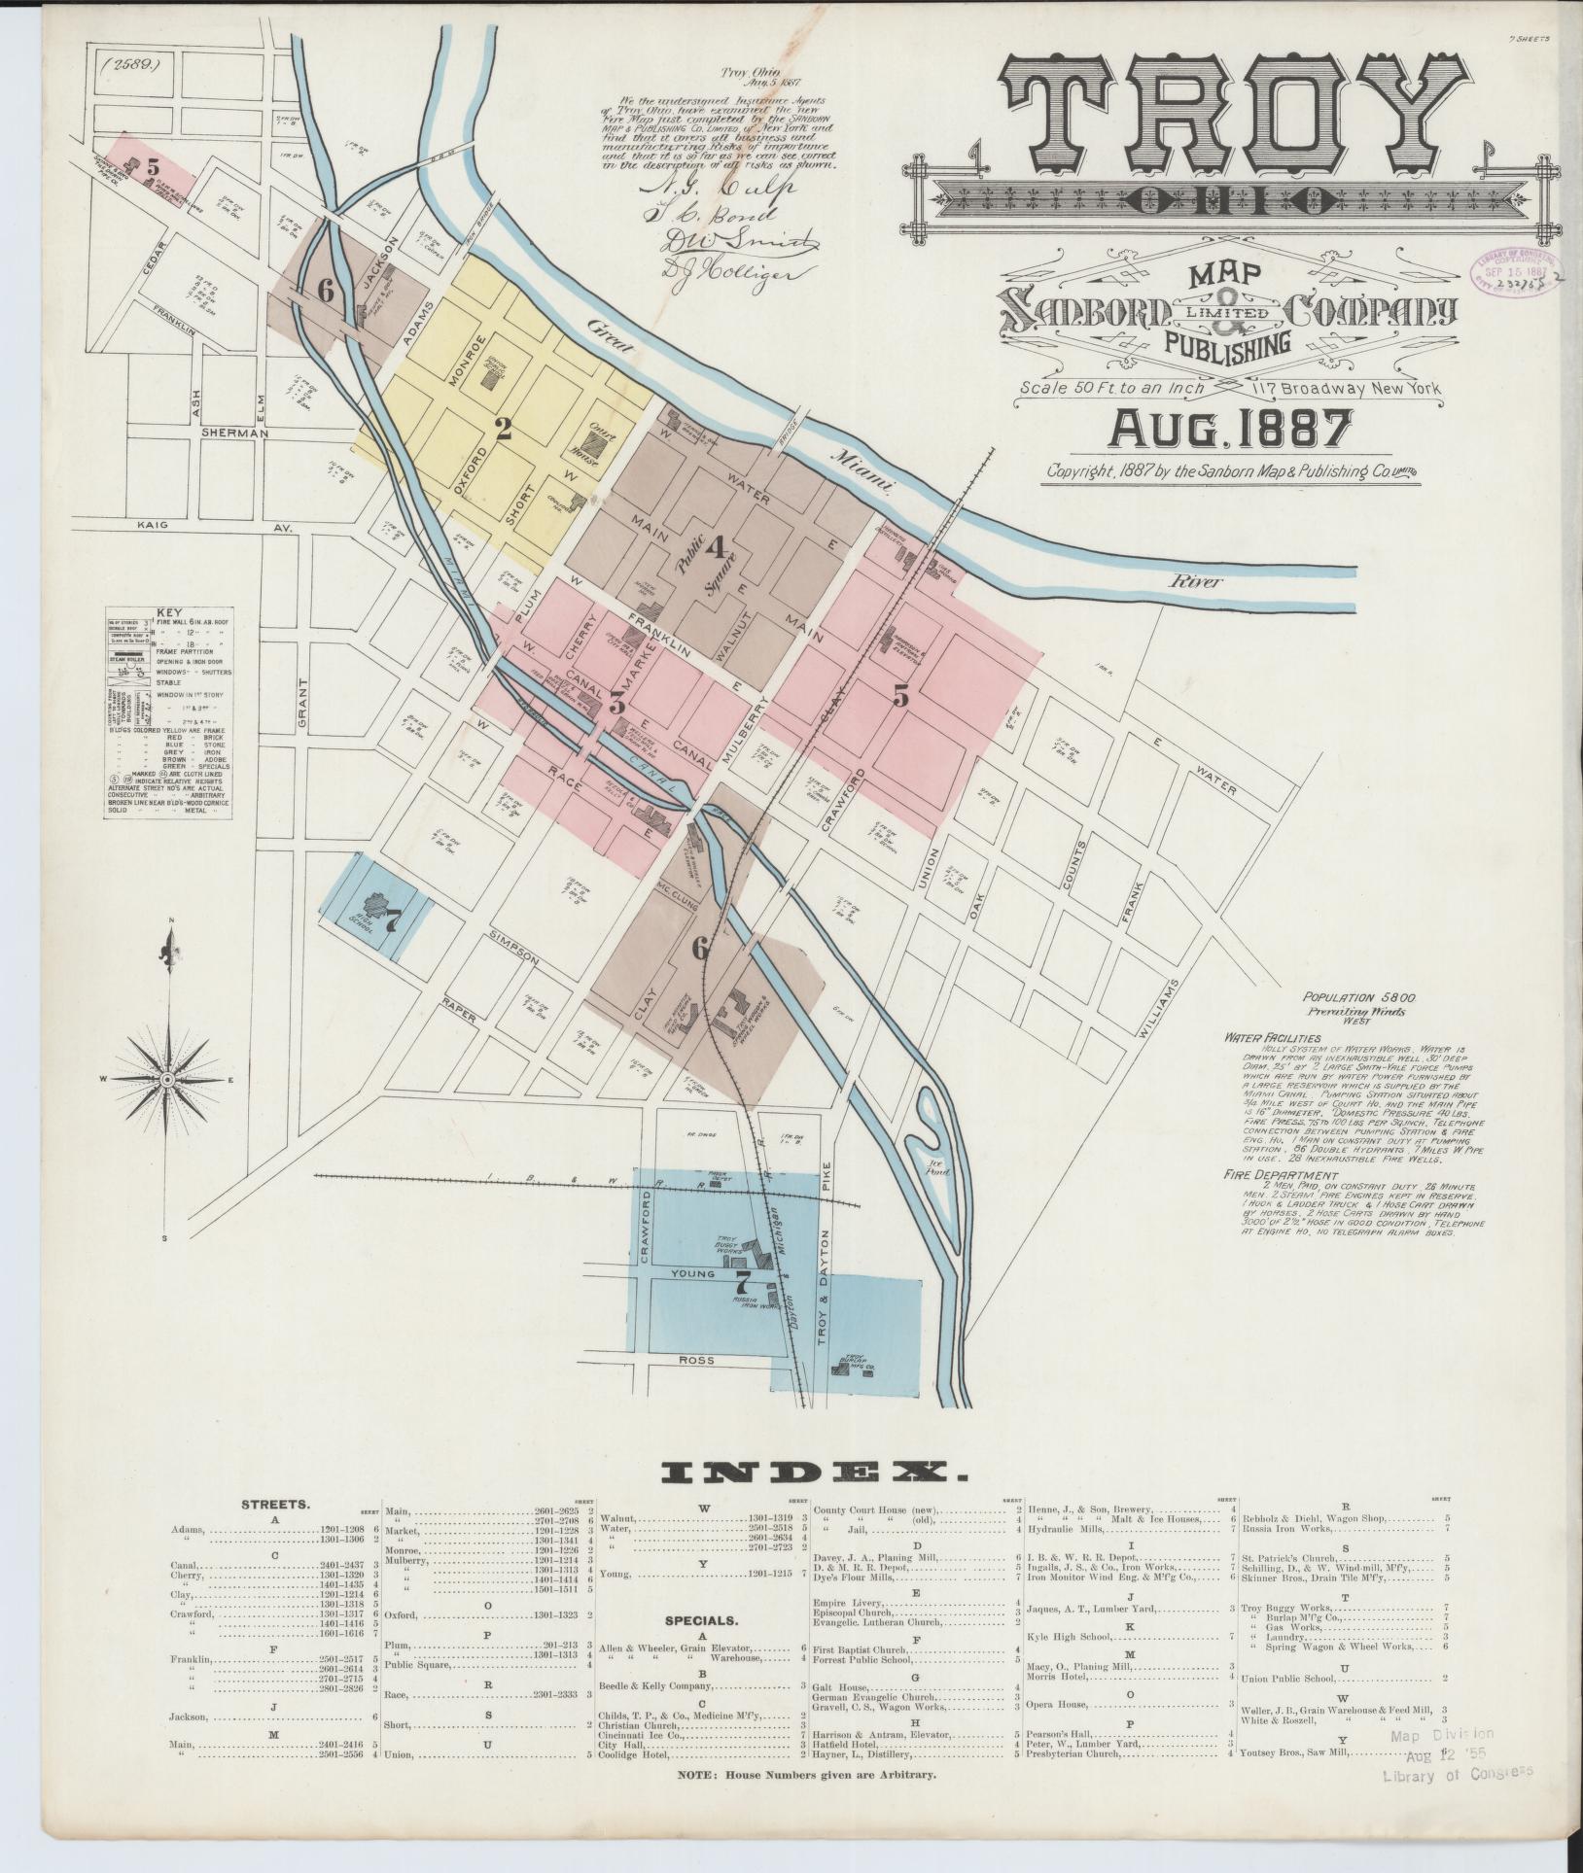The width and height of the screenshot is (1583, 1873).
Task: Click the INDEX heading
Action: click(x=813, y=1502)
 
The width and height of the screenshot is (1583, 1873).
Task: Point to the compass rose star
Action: click(x=167, y=1081)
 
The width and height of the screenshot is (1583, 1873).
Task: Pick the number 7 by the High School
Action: click(x=393, y=924)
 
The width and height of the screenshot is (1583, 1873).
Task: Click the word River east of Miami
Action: click(x=1196, y=582)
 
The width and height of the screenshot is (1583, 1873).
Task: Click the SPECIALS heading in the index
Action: click(x=701, y=1621)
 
